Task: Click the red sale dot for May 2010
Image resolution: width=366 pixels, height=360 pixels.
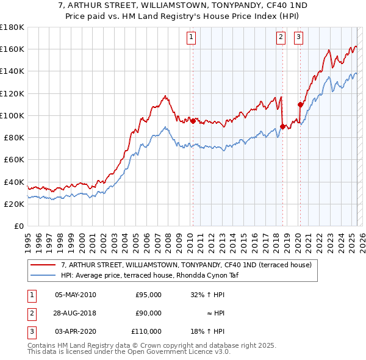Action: (x=193, y=121)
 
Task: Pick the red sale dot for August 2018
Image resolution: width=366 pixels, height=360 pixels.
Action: (x=282, y=126)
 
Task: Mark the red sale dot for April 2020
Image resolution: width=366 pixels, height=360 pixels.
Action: (x=300, y=104)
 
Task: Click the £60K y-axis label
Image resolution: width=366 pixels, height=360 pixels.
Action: (x=14, y=159)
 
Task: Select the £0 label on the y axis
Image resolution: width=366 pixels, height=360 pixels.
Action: (x=20, y=226)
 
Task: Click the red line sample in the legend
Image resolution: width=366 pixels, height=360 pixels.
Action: (x=43, y=265)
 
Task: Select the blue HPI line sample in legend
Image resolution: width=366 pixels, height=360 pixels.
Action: (x=43, y=275)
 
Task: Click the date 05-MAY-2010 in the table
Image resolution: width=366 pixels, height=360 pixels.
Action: (x=76, y=294)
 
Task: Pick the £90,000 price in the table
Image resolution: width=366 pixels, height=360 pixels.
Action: (x=148, y=313)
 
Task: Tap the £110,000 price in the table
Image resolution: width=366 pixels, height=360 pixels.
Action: (x=146, y=331)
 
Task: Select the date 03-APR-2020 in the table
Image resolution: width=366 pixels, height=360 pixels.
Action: (x=76, y=331)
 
